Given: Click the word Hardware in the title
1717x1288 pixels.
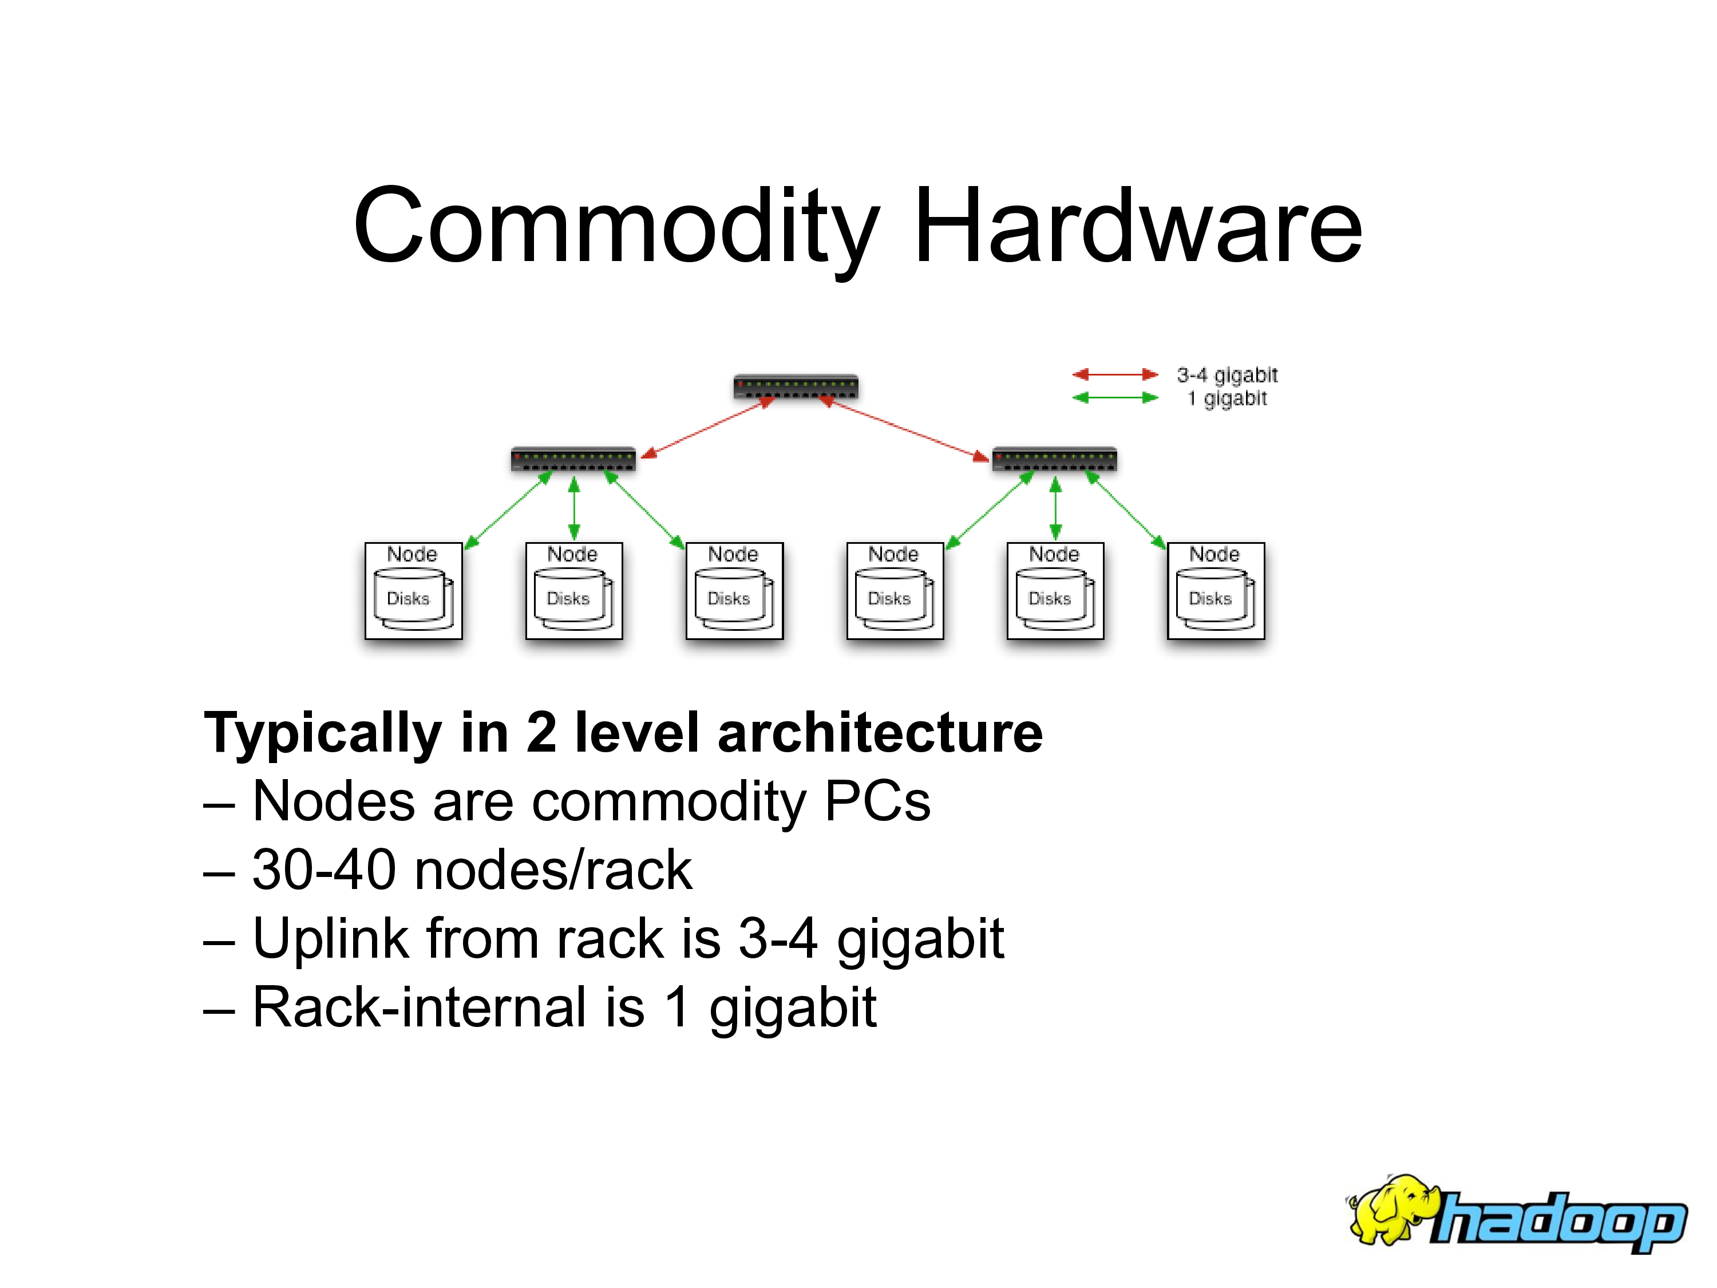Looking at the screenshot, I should point(1137,227).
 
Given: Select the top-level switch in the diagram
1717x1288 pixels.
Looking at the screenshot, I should point(796,386).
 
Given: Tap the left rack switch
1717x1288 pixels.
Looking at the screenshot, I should point(573,459).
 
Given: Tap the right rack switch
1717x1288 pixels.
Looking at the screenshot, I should point(1054,459).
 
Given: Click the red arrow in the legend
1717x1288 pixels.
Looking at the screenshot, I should point(1115,374).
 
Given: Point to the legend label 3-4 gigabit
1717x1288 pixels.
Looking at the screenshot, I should point(1227,375).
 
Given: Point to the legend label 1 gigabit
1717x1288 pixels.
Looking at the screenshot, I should point(1227,399).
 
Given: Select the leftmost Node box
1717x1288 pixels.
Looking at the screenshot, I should point(413,591).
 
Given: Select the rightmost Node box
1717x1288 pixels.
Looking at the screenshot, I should point(1216,591).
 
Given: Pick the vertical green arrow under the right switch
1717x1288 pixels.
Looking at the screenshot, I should point(1055,508).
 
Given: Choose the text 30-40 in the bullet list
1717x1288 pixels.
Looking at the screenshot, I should point(324,870).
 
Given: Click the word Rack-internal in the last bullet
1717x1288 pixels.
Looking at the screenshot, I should point(419,1007).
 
